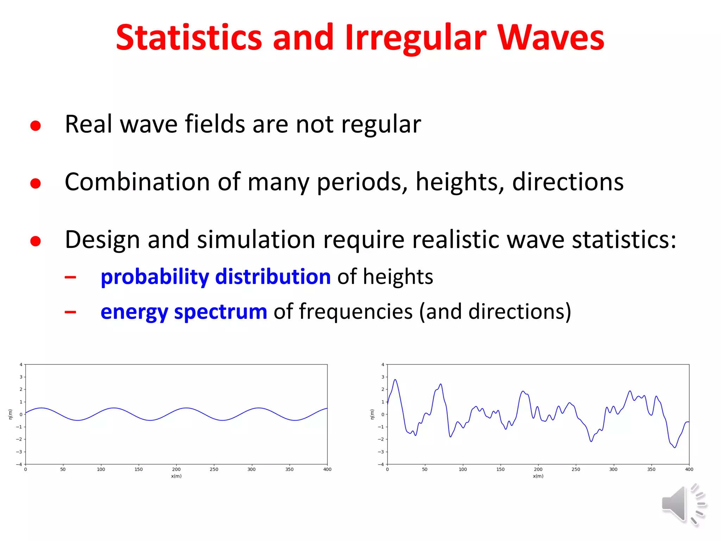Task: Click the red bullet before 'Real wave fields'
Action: pos(36,126)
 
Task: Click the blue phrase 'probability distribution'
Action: pos(215,276)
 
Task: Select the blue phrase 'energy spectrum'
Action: pos(184,312)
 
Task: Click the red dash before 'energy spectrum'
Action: pos(70,312)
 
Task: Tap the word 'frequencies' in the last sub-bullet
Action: pos(356,312)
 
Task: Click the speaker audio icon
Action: pos(683,504)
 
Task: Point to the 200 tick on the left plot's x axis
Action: pos(176,469)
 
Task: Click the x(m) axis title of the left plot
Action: pos(176,476)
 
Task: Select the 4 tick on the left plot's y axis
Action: pos(21,365)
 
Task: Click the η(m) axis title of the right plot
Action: pos(372,414)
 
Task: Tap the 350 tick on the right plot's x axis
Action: pos(651,469)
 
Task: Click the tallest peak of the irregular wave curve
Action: pos(395,380)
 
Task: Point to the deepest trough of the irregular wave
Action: pos(675,447)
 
